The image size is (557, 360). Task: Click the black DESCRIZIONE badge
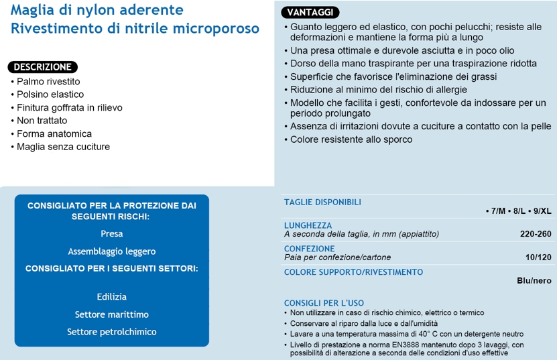coord(43,67)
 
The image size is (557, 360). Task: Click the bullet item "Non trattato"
coord(42,121)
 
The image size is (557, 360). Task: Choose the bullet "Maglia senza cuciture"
coord(63,146)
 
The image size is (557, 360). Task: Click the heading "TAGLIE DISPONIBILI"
coord(322,202)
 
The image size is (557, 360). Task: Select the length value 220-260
coord(535,234)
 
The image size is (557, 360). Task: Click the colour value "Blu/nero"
coord(534,281)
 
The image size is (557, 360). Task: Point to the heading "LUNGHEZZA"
coord(308,225)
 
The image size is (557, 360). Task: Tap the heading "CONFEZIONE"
coord(309,248)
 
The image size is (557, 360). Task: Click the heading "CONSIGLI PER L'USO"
coord(324,302)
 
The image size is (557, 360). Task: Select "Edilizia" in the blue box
coord(111,296)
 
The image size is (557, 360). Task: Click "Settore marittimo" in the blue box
coord(111,314)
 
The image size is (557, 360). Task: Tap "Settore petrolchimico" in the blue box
coord(111,332)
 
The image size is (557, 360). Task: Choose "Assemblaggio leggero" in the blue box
coord(111,251)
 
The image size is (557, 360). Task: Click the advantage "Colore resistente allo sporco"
coord(351,139)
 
